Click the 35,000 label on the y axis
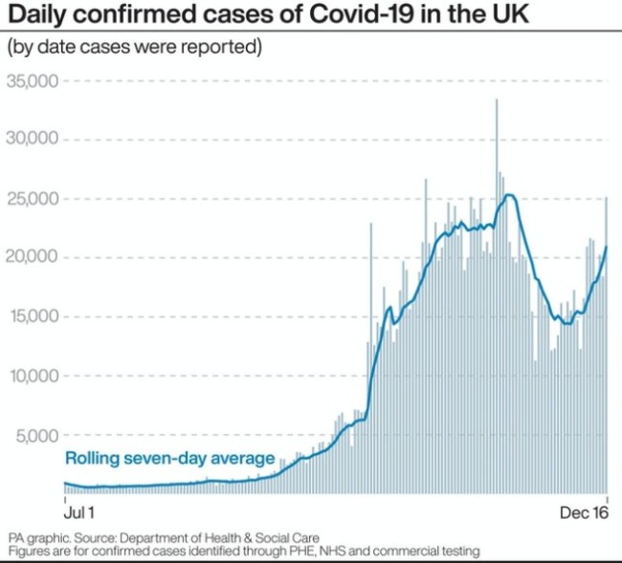coord(33,81)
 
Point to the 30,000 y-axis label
coord(33,140)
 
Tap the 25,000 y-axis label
coord(33,199)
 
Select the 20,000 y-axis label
coord(33,257)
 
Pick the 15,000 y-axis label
coord(33,316)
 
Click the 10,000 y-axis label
coord(33,376)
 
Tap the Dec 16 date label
coord(585,513)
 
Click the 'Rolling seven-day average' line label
coord(170,459)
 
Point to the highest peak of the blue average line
coord(509,196)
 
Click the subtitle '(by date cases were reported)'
coord(134,46)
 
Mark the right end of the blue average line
coord(607,248)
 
